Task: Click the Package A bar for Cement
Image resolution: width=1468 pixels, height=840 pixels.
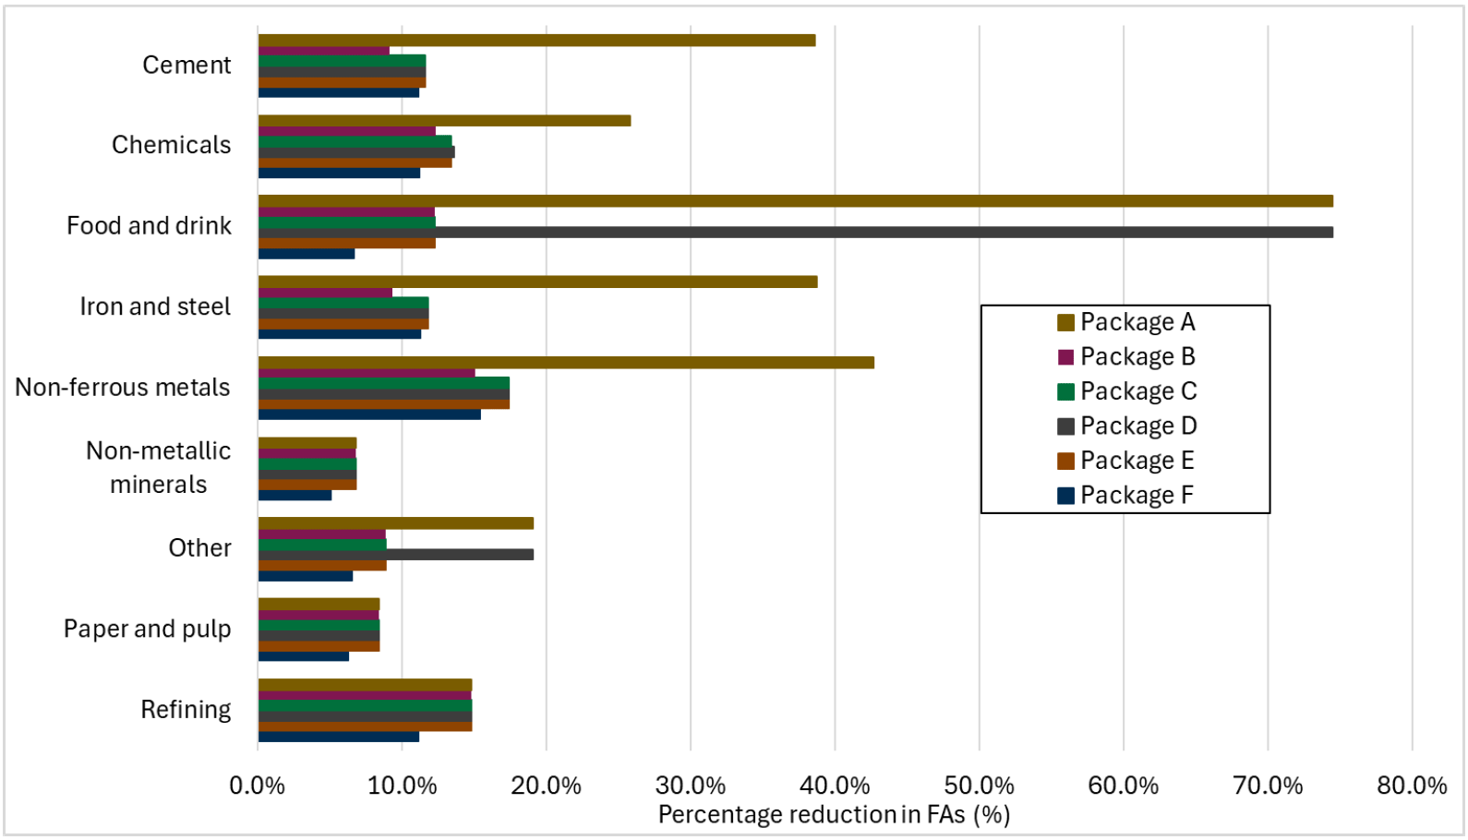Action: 535,41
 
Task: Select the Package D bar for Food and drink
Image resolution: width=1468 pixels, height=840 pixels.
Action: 794,233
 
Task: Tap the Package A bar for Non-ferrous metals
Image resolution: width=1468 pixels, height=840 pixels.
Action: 565,363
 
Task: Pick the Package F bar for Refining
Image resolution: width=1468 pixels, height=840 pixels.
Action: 338,737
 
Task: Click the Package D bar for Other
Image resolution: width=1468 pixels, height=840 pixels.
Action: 395,555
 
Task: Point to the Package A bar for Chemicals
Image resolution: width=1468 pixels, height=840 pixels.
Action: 443,121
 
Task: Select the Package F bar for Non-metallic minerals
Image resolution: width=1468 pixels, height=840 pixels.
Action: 295,496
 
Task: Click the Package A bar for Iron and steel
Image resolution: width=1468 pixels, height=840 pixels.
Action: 537,282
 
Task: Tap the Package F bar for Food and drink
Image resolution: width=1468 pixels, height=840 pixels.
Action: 306,254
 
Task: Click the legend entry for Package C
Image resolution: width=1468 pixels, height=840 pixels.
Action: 1126,391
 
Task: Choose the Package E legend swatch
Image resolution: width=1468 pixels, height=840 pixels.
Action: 1066,461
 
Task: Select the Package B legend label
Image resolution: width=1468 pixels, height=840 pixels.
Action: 1137,356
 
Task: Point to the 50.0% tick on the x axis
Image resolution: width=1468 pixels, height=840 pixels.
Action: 979,786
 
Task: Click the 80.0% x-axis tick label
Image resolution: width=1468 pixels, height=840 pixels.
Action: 1412,786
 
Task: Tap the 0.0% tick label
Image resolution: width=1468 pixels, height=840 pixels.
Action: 258,786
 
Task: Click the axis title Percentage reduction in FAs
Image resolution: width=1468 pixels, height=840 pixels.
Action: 834,815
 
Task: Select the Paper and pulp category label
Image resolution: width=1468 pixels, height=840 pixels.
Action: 147,629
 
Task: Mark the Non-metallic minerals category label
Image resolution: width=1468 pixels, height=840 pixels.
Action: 158,467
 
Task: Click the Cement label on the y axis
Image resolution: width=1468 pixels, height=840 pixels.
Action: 187,66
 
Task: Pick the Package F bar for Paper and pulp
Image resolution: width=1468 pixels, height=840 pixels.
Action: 303,656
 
